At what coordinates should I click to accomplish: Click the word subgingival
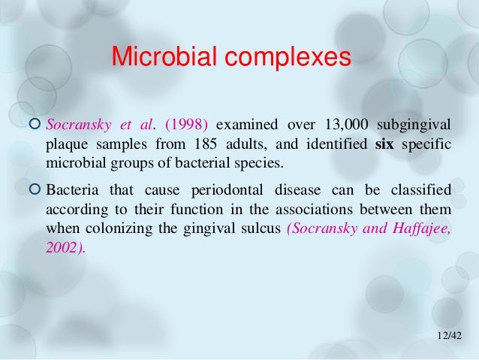click(x=418, y=124)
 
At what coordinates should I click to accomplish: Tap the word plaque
click(x=67, y=144)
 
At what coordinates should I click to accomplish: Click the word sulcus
click(x=260, y=226)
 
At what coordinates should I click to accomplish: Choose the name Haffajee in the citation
click(x=420, y=226)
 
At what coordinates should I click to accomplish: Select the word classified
click(x=425, y=187)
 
